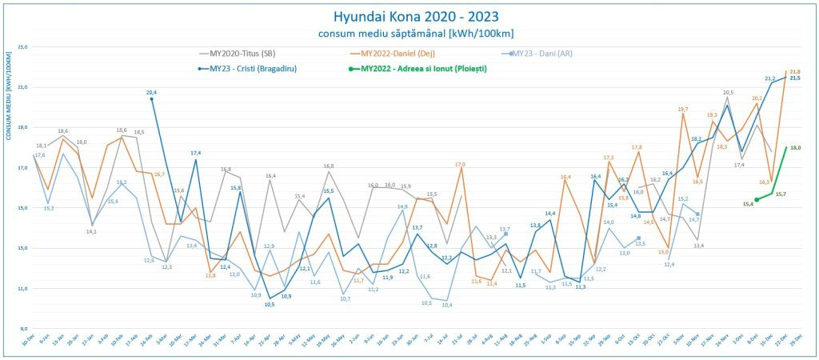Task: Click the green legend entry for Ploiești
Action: pyautogui.click(x=423, y=69)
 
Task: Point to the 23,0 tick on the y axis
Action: pyautogui.click(x=22, y=47)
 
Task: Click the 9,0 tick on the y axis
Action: pyautogui.click(x=22, y=328)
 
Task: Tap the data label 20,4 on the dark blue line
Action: pyautogui.click(x=152, y=93)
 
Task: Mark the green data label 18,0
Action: pyautogui.click(x=796, y=148)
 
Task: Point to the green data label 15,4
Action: pyautogui.click(x=748, y=204)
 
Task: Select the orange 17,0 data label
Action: pyautogui.click(x=460, y=165)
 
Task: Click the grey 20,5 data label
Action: pyautogui.click(x=728, y=93)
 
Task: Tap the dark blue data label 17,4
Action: pyautogui.click(x=196, y=153)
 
